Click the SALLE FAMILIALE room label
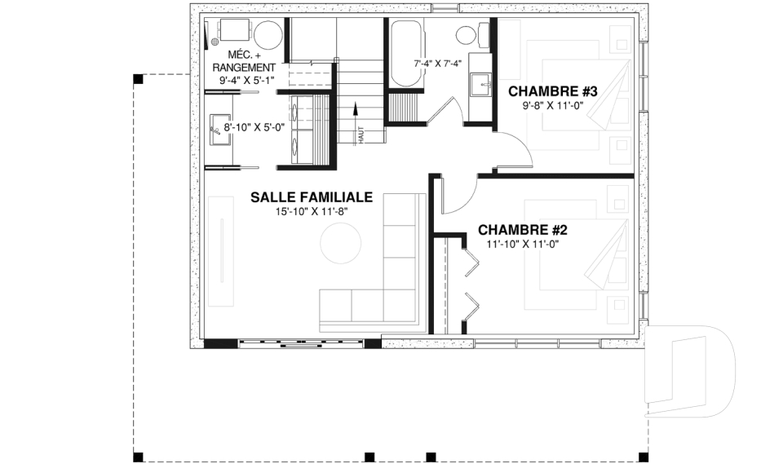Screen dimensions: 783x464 pos(312,197)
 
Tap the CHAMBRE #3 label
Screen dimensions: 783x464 pos(553,91)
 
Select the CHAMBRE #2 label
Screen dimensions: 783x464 pos(522,230)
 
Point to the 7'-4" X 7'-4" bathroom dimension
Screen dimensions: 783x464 pos(437,64)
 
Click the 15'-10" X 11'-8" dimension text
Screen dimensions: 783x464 pos(312,211)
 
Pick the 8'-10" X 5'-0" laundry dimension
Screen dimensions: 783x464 pos(254,127)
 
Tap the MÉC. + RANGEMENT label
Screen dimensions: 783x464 pos(244,60)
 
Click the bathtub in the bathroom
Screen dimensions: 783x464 pos(406,53)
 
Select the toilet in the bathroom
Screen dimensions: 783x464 pos(473,35)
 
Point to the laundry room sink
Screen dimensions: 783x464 pos(220,130)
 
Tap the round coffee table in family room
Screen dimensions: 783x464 pos(341,243)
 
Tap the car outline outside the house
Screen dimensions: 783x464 pos(690,372)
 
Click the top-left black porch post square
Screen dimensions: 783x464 pos(139,79)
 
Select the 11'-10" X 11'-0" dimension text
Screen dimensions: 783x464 pos(522,245)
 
